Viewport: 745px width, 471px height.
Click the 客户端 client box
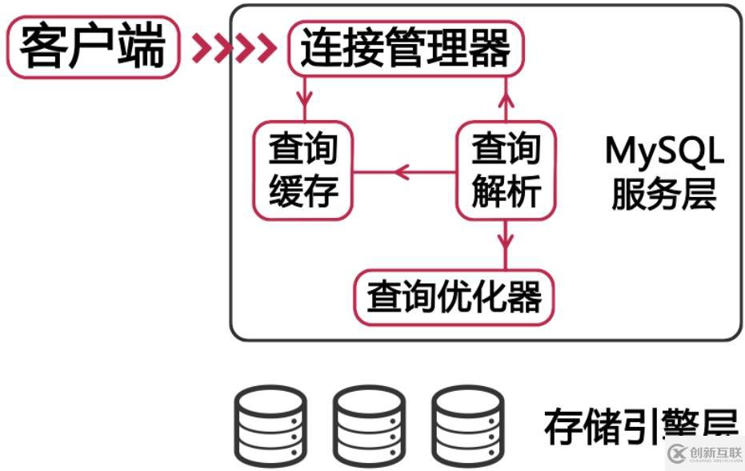tap(93, 47)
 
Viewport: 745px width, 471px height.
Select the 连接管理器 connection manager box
tap(405, 49)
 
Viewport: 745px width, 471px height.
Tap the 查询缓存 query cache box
tap(303, 171)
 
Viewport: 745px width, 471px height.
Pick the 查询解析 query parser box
tap(506, 171)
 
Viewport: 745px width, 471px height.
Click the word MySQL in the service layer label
tap(663, 151)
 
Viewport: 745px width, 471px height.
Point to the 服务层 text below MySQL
tap(663, 193)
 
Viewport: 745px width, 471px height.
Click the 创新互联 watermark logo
tap(704, 453)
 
